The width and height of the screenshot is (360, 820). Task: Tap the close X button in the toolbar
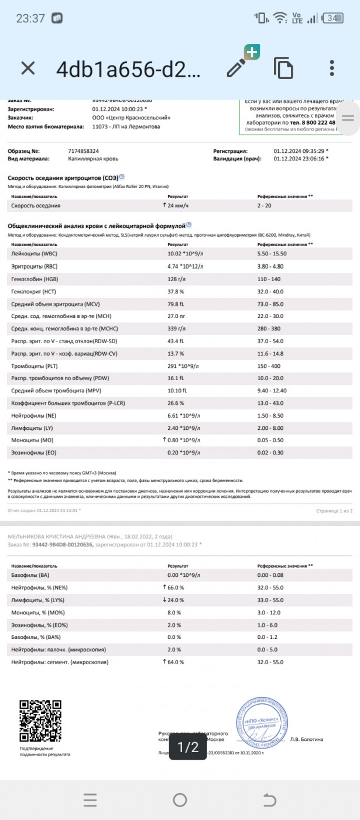pos(28,69)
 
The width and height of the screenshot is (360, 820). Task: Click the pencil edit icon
pos(237,68)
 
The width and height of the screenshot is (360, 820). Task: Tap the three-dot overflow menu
pos(332,68)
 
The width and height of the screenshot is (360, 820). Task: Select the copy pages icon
pos(283,69)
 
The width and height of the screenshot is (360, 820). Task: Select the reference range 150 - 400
pos(269,365)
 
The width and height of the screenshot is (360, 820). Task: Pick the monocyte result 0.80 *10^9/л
pos(184,440)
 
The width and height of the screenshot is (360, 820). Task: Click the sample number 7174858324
pos(84,151)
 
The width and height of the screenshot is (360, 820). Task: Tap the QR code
pos(40,721)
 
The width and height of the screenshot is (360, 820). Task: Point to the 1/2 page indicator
pos(188,747)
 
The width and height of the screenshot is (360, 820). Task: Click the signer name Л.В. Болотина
pos(307,739)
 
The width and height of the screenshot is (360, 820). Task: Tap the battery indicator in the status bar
pos(333,18)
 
